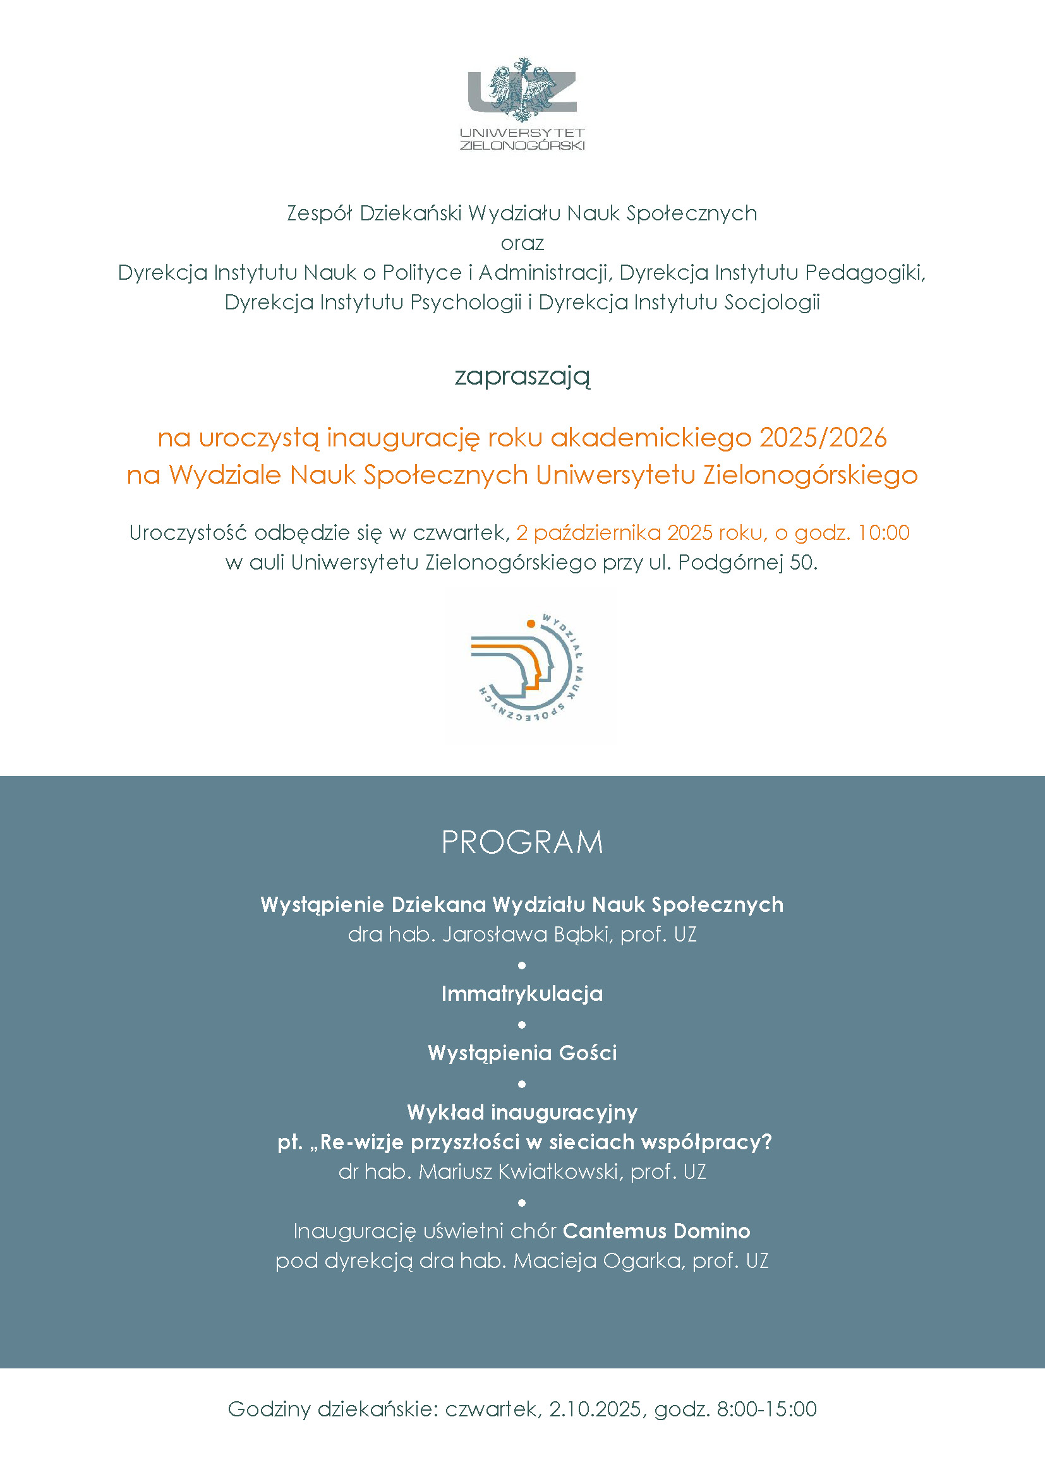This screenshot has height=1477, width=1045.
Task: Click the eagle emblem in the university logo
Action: [x=522, y=90]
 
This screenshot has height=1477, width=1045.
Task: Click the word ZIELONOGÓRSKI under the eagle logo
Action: [x=522, y=145]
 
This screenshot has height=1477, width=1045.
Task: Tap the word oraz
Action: [x=522, y=243]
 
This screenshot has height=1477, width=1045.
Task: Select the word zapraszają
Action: [x=522, y=376]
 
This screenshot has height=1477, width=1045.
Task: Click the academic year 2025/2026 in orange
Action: [x=823, y=438]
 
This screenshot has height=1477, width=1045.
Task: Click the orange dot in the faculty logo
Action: [x=531, y=623]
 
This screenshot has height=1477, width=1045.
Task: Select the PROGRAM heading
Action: [x=522, y=843]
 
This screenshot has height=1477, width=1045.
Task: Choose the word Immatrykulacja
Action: [x=522, y=994]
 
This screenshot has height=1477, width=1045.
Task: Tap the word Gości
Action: [x=588, y=1053]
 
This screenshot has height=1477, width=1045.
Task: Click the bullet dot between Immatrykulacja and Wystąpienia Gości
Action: [x=522, y=1024]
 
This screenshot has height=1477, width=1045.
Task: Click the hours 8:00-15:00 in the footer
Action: [x=766, y=1409]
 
